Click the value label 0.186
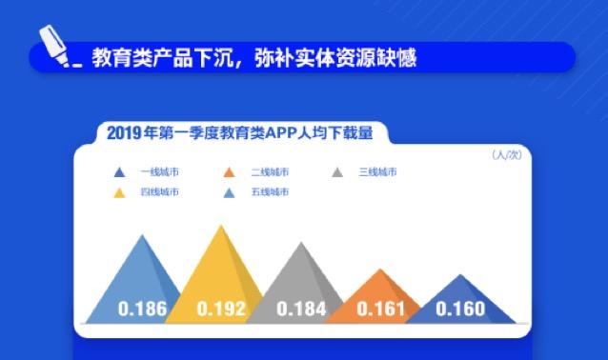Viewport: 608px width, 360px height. tap(142, 309)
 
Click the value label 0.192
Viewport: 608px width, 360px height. tap(221, 309)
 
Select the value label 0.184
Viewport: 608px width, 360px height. tap(301, 309)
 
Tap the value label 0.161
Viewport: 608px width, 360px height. tap(380, 309)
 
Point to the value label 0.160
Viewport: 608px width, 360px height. tap(460, 309)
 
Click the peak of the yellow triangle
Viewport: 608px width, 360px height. tap(222, 226)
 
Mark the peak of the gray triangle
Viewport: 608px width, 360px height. tap(302, 242)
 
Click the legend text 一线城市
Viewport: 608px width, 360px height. tap(159, 172)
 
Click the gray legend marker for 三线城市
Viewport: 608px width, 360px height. tap(337, 172)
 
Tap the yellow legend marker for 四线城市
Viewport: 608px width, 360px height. tap(119, 192)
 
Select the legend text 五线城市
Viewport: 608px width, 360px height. tap(270, 192)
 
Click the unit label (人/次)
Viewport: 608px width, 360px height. tap(505, 154)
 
